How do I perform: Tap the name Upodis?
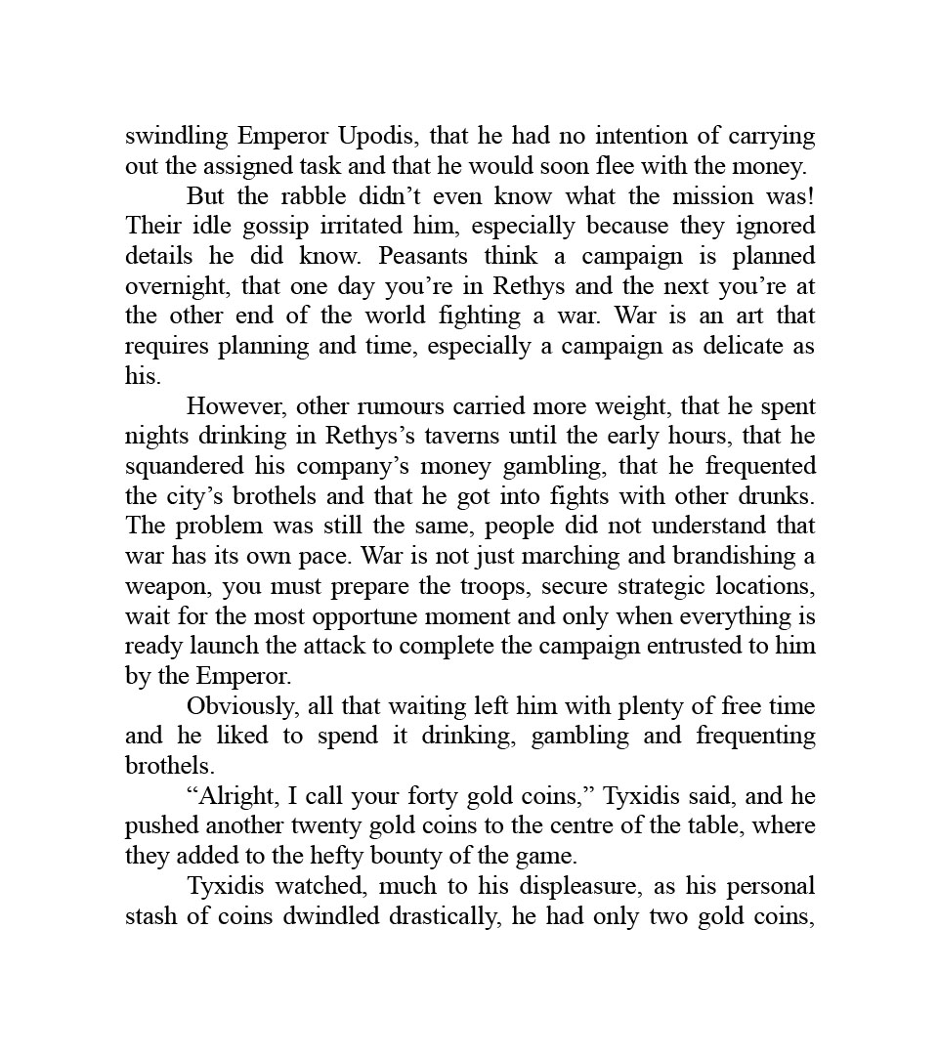376,136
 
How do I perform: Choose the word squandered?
176,466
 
